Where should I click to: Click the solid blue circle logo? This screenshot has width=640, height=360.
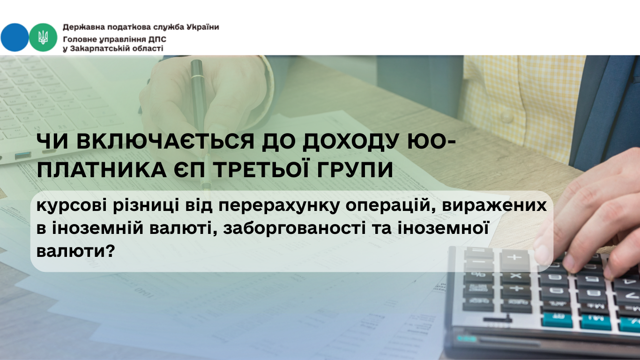15,37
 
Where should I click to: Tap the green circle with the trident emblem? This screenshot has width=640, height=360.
43,37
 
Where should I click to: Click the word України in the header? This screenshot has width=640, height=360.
203,27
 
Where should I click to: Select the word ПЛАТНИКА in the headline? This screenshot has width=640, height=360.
102,169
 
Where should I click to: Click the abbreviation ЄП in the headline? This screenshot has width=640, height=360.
190,169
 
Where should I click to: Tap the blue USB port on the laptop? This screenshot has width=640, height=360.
22,155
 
